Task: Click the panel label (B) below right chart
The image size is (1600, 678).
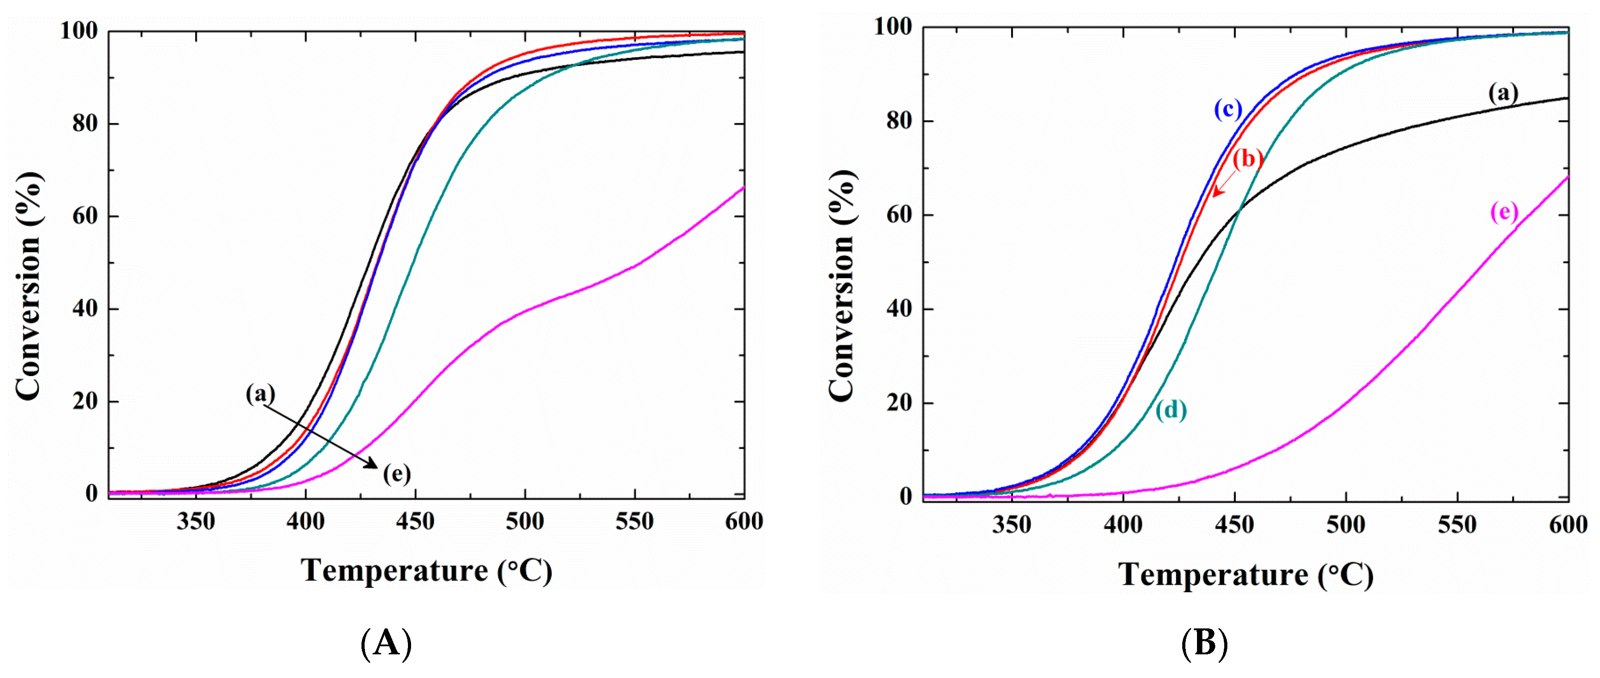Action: (x=1204, y=643)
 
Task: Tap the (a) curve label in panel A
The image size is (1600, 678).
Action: (x=260, y=393)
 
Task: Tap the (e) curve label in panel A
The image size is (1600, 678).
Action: (x=396, y=474)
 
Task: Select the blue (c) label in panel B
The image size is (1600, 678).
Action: (x=1228, y=109)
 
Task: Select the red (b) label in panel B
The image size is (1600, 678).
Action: (x=1247, y=159)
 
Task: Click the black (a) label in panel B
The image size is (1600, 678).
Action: (x=1503, y=93)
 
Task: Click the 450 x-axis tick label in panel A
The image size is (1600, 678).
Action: (x=415, y=522)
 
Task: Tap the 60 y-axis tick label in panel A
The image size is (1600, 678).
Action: (x=85, y=216)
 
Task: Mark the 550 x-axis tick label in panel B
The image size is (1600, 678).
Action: (x=1457, y=525)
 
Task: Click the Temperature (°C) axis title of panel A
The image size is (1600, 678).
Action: (x=426, y=571)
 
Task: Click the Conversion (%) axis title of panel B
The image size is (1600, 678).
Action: (x=842, y=285)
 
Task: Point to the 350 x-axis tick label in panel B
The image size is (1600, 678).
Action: (x=1011, y=525)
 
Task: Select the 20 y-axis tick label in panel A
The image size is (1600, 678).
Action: (x=85, y=401)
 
